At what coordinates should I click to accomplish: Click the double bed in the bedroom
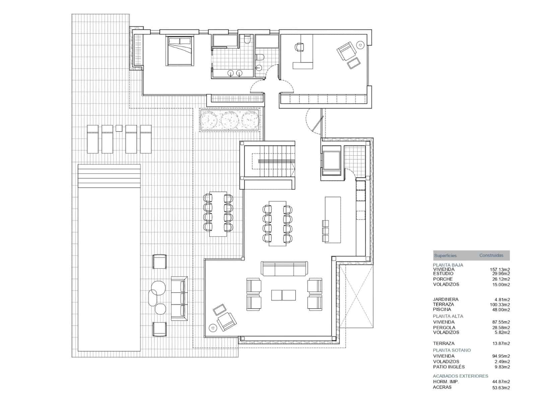[x=180, y=51]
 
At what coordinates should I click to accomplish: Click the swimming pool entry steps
[x=109, y=176]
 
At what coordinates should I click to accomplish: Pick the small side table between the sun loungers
[x=119, y=128]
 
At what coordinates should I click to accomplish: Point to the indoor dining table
[x=277, y=223]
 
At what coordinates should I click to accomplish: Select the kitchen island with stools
[x=333, y=220]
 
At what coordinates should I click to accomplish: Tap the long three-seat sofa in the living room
[x=284, y=269]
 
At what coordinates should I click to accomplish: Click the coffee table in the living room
[x=283, y=295]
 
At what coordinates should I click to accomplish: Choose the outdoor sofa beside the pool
[x=179, y=298]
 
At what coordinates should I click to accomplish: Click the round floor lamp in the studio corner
[x=360, y=44]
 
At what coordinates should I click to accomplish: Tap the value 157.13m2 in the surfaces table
[x=499, y=269]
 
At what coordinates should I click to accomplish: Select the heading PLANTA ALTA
[x=448, y=316]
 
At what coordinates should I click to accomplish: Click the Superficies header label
[x=445, y=255]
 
